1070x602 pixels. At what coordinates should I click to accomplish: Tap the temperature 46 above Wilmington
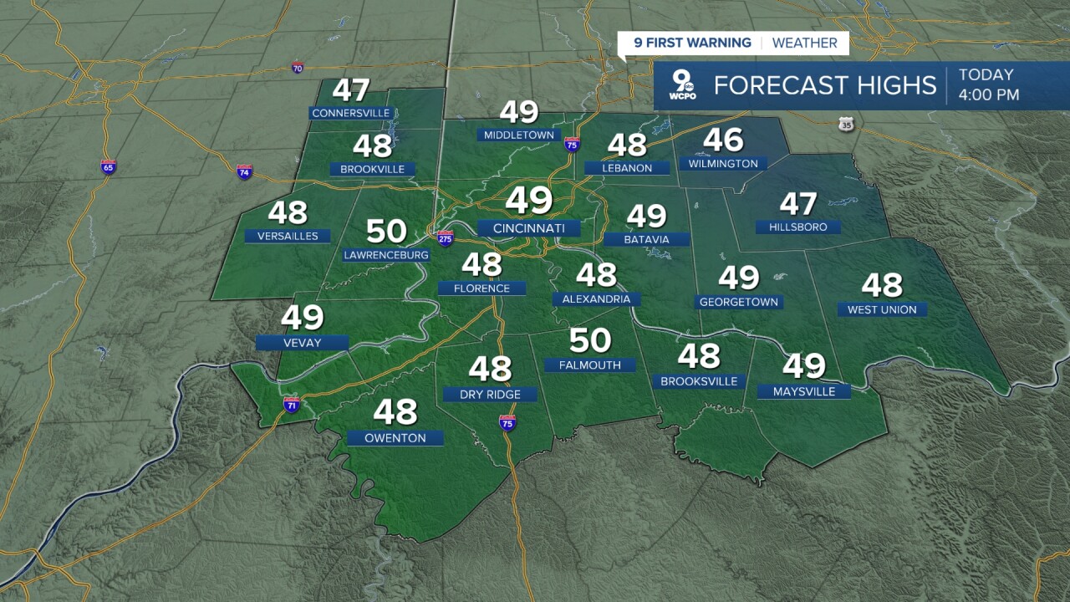(723, 140)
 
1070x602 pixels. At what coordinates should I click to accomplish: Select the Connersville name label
(350, 113)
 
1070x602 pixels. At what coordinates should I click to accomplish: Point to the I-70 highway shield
(298, 67)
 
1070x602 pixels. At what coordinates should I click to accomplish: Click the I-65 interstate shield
(108, 166)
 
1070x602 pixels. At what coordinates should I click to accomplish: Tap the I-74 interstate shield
(244, 172)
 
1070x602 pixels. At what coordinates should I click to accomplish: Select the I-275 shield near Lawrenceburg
(445, 238)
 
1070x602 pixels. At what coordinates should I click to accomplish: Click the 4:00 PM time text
(989, 95)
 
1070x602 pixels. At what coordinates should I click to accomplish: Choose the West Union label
(882, 309)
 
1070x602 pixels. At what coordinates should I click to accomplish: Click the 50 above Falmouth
(590, 341)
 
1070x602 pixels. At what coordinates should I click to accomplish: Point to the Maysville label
(804, 391)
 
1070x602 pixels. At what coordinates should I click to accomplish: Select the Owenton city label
(395, 438)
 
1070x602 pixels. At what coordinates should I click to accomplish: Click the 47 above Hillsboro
(797, 204)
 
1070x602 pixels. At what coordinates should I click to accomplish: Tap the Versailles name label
(288, 236)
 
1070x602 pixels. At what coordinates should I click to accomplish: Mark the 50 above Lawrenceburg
(386, 232)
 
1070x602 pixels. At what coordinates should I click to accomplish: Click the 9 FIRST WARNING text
(692, 43)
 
